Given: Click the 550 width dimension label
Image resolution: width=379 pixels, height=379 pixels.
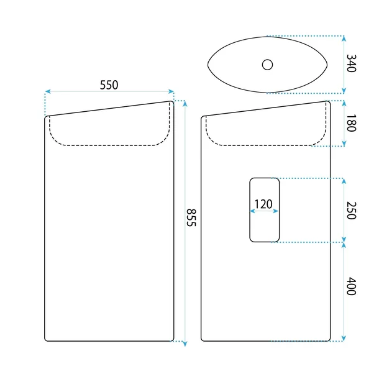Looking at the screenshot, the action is (109, 85).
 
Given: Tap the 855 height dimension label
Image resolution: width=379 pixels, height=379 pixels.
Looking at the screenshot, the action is (191, 217).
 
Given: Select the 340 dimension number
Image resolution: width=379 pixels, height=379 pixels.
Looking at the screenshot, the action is (351, 63).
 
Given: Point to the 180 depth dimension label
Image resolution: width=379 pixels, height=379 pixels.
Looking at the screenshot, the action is (351, 123).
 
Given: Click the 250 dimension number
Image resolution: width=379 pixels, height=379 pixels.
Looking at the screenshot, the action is (351, 210).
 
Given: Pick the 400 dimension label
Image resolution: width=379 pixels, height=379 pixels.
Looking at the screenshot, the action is (351, 286).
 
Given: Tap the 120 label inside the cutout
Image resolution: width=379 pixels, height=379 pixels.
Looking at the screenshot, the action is (263, 204).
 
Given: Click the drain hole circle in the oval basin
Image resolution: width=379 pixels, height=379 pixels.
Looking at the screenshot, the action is (267, 65).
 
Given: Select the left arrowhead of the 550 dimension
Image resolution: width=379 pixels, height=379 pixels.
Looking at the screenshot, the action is (48, 91).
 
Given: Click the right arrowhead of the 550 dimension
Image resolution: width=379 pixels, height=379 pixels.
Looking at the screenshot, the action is (171, 91).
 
